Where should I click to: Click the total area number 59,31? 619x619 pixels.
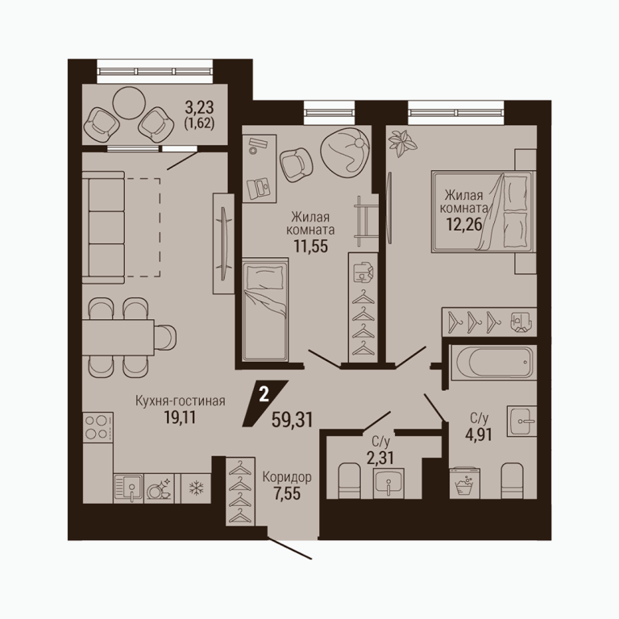click(x=292, y=420)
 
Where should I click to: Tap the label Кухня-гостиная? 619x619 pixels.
click(x=181, y=401)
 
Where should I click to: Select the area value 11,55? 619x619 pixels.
click(x=310, y=247)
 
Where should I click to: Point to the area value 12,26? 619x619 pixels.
click(x=464, y=224)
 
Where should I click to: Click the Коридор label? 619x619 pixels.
click(x=287, y=477)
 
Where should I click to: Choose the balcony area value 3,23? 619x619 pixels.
click(x=199, y=107)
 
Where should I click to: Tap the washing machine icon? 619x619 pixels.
click(x=465, y=483)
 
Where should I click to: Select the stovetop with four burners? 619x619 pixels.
click(x=98, y=427)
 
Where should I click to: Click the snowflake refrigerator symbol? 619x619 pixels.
click(x=195, y=488)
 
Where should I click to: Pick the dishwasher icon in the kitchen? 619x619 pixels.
click(x=159, y=488)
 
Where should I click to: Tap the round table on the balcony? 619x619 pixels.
click(x=129, y=102)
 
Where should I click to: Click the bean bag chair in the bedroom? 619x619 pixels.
click(x=346, y=152)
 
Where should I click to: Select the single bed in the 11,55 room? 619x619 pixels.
click(x=265, y=309)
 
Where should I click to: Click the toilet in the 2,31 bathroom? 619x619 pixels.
click(x=350, y=480)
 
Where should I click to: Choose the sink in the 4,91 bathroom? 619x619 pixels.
click(x=522, y=421)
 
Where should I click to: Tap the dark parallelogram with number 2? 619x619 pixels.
click(x=265, y=404)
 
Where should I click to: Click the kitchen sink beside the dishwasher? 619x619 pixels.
click(x=128, y=488)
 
